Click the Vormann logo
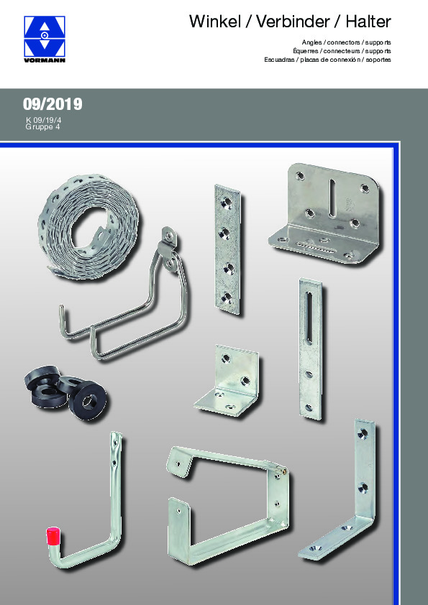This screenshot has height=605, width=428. click(45, 40)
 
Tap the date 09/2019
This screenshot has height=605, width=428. click(53, 104)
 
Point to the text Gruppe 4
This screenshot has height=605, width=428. click(43, 126)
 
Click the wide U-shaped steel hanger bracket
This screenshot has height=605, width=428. click(223, 503)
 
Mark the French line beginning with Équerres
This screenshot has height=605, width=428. click(342, 52)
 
